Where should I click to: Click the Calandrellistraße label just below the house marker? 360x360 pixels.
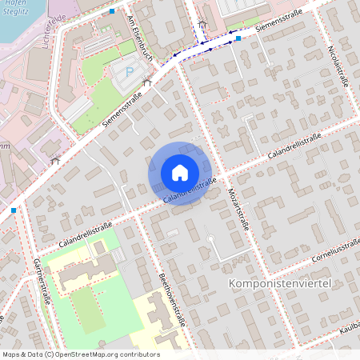[190, 190]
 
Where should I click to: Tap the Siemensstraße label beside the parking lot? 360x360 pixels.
[122, 109]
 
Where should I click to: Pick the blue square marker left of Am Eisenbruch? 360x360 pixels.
[113, 12]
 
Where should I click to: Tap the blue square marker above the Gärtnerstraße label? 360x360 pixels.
[14, 210]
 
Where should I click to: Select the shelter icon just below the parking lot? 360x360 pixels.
[146, 82]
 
